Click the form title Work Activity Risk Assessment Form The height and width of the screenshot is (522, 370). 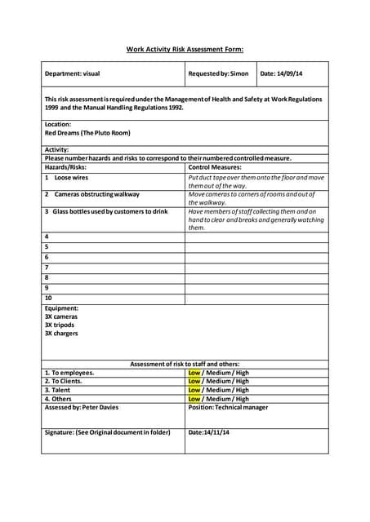click(185, 49)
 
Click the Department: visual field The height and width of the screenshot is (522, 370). click(72, 73)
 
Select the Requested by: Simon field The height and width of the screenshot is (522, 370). click(217, 73)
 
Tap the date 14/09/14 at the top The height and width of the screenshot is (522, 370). click(281, 73)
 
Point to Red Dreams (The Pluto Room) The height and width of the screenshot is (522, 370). click(87, 132)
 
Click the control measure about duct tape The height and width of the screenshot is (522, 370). click(256, 181)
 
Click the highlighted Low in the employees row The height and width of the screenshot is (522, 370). click(194, 373)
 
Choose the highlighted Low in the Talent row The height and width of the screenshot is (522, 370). click(194, 390)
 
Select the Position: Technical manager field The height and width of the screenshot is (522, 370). click(228, 407)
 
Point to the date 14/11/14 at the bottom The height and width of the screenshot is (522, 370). click(209, 432)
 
